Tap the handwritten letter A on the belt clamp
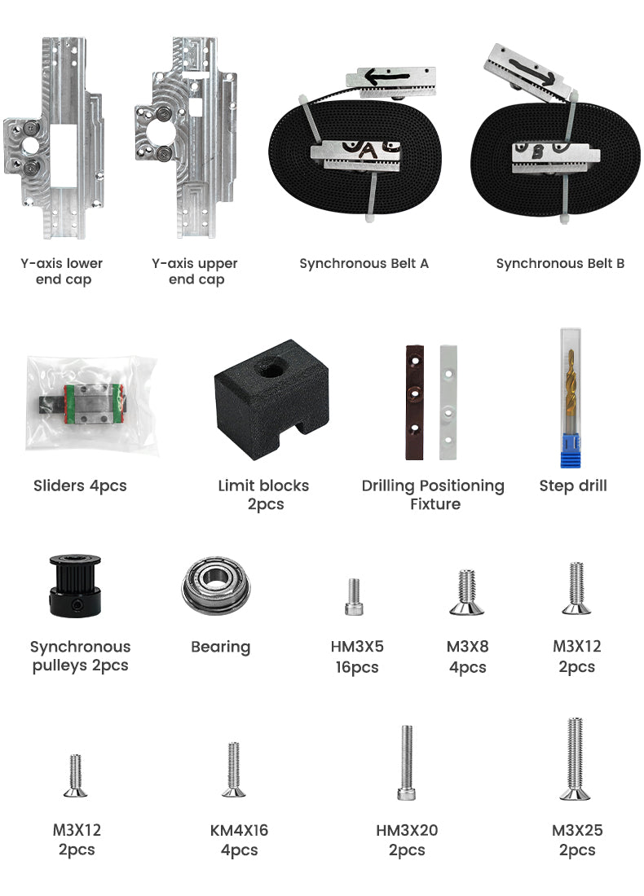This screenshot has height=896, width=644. (368, 151)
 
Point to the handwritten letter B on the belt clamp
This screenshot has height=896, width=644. (537, 152)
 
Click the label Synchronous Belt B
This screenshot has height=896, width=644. (560, 263)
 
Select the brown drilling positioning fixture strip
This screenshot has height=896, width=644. (415, 402)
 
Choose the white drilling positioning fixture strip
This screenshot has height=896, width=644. (448, 402)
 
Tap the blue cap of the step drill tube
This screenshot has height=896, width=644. (570, 450)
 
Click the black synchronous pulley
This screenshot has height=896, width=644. (76, 586)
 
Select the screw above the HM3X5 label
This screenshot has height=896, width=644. (354, 596)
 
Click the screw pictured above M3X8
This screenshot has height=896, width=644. (467, 592)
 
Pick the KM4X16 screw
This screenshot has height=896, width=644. (233, 769)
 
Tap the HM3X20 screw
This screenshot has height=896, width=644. (407, 762)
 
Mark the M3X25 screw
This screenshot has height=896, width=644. (576, 758)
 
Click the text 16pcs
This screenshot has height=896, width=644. (357, 667)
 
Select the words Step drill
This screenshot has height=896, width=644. (573, 485)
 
